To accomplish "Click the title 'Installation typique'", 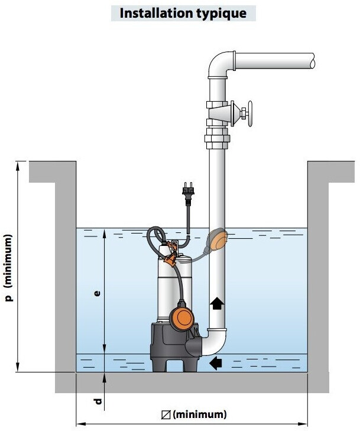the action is point(183,13).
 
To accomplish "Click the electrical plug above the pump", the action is point(188,192).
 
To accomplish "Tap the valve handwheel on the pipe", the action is point(250,114).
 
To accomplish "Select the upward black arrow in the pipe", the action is point(217,303).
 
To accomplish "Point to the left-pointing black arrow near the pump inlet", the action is point(216,363).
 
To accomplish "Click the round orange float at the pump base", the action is point(181,317).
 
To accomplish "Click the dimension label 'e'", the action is point(97,293).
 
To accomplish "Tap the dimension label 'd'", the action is point(98,401).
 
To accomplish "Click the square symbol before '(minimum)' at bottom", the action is point(166,415).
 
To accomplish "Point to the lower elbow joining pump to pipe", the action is point(215,343).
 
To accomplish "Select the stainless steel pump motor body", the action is point(174,286).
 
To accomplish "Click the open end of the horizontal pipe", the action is point(313,61).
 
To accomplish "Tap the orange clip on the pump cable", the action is point(171,260).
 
